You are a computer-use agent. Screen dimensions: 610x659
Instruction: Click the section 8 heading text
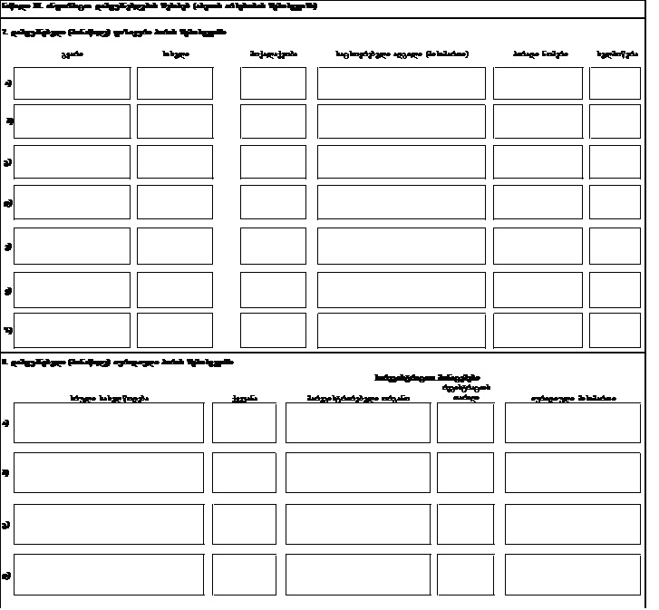pyautogui.click(x=119, y=362)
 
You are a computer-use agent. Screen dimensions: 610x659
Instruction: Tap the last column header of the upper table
pyautogui.click(x=615, y=54)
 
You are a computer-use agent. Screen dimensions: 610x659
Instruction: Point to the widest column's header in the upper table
pyautogui.click(x=402, y=54)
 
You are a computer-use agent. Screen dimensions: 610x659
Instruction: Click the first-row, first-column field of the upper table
pyautogui.click(x=73, y=83)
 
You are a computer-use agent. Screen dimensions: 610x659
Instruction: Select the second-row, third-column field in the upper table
pyautogui.click(x=273, y=121)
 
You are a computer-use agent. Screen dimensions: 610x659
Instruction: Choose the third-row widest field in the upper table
pyautogui.click(x=402, y=161)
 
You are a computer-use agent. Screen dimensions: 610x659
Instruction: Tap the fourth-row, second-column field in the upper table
pyautogui.click(x=175, y=202)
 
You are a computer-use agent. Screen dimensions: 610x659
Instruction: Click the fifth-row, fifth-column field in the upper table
pyautogui.click(x=538, y=246)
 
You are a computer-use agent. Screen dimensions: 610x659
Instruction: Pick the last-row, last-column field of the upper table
pyautogui.click(x=615, y=330)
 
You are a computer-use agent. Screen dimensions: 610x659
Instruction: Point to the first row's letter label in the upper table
pyautogui.click(x=7, y=84)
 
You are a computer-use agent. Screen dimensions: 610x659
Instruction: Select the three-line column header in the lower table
pyautogui.click(x=465, y=387)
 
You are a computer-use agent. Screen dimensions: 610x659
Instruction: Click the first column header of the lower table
pyautogui.click(x=110, y=397)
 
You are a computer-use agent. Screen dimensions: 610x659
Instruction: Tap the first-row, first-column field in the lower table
pyautogui.click(x=110, y=423)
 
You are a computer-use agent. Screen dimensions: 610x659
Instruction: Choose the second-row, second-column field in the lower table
pyautogui.click(x=244, y=472)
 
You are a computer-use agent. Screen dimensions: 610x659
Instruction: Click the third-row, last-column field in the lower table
pyautogui.click(x=573, y=524)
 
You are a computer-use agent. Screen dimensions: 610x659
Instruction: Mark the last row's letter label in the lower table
pyautogui.click(x=7, y=575)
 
